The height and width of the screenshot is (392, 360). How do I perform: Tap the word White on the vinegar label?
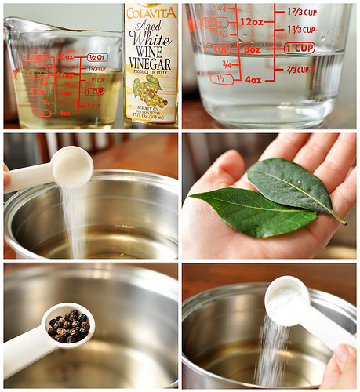click(x=151, y=37)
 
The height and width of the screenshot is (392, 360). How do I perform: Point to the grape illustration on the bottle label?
click(x=149, y=91)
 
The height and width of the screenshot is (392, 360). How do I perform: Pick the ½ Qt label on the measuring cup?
click(x=97, y=57)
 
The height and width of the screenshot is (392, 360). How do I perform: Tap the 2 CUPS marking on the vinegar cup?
click(x=35, y=56)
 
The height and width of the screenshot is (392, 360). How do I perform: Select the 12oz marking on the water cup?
click(x=251, y=22)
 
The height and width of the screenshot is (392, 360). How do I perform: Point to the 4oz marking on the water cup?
click(x=253, y=79)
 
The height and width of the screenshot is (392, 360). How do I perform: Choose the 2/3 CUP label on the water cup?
click(x=297, y=70)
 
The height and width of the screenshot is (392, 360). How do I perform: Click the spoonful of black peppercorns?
click(x=69, y=325)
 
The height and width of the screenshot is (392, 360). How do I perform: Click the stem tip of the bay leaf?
click(x=343, y=223)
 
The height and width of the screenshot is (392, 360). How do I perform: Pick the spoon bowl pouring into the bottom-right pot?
click(x=287, y=299)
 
